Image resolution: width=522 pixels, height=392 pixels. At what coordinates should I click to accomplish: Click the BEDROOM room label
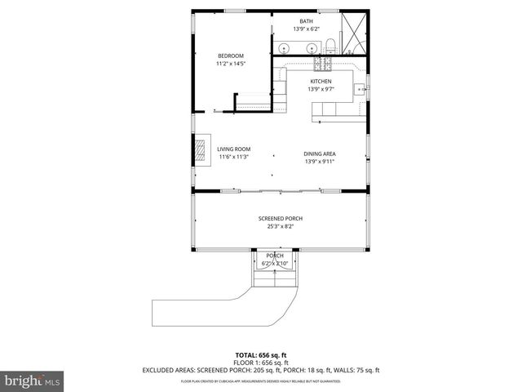point(230,56)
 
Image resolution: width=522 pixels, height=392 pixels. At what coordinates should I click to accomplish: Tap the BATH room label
point(306,21)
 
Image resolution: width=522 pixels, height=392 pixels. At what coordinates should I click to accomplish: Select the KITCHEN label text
point(321,82)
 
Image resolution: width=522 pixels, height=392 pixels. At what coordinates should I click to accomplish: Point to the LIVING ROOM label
point(232,149)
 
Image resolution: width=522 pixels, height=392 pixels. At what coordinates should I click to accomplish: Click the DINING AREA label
point(320,154)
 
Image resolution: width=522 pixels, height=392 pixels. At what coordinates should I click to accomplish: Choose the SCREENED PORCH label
point(280,219)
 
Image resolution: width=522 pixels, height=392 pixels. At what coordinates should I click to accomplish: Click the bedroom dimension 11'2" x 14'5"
point(230,63)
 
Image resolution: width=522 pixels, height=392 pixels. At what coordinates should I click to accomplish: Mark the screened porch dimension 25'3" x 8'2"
point(280,226)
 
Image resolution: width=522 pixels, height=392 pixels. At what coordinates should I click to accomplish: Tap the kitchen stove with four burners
point(326,61)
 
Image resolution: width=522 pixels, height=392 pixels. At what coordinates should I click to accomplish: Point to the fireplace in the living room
point(201,150)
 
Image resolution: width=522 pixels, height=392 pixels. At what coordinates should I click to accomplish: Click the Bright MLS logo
point(32,381)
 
